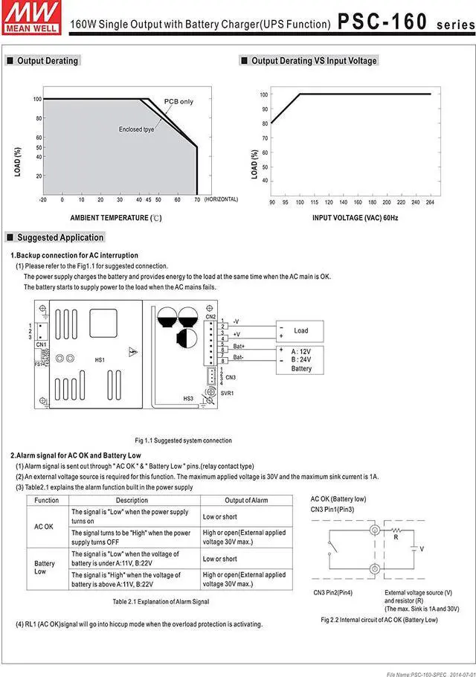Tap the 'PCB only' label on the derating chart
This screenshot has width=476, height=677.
178,102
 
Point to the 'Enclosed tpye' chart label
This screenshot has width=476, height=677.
137,129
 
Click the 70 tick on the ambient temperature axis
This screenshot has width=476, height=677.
196,199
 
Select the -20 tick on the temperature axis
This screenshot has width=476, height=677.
42,199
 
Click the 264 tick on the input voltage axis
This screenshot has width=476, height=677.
431,202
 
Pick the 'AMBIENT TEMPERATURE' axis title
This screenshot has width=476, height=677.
115,218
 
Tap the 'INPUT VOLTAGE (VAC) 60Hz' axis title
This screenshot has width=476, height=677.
356,218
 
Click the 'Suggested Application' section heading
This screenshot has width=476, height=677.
60,238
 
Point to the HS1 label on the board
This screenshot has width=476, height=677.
100,360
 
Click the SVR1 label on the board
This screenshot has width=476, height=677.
227,392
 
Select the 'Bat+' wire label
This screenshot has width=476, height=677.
239,347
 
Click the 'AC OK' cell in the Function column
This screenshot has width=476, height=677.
44,526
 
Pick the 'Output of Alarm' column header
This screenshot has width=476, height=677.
246,500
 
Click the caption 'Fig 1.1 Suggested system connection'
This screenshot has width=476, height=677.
183,440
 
